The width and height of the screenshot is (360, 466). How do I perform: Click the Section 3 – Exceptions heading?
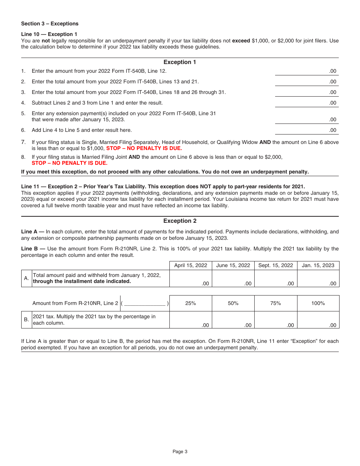(x=50, y=24)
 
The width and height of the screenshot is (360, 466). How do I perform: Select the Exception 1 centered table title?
(x=180, y=62)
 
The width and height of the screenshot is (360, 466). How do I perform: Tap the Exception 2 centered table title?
(x=180, y=221)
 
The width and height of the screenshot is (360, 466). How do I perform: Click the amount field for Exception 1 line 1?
(x=306, y=70)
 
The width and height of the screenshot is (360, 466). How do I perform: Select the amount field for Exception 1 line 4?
(x=306, y=102)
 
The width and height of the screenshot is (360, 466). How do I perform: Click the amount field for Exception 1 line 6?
(x=306, y=130)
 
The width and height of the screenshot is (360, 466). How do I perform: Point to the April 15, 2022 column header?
(x=191, y=266)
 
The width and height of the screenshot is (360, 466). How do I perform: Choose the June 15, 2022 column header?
(x=233, y=266)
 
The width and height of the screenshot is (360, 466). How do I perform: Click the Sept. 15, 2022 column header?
(x=275, y=266)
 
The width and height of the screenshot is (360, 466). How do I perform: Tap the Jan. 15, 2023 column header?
(x=318, y=266)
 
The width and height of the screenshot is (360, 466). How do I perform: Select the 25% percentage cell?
(x=191, y=303)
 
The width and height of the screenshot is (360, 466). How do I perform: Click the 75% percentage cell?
(x=275, y=303)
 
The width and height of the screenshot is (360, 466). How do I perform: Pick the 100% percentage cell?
(x=318, y=303)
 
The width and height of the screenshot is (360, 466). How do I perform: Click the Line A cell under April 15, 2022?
(x=191, y=278)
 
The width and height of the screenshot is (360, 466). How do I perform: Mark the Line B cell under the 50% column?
(x=233, y=320)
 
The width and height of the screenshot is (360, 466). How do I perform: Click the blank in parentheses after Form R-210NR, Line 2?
(x=145, y=303)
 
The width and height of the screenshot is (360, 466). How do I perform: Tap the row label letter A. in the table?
(x=26, y=278)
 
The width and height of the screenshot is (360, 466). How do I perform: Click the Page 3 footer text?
(x=180, y=452)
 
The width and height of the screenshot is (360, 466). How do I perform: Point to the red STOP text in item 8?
(x=69, y=163)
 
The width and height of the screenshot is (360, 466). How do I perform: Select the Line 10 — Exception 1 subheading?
(x=49, y=34)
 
